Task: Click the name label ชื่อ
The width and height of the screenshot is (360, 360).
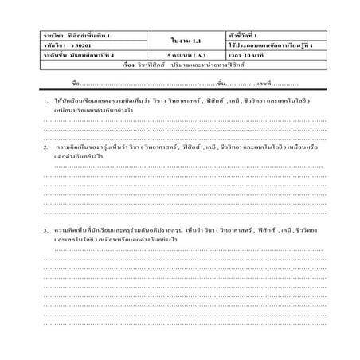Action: pos(76,83)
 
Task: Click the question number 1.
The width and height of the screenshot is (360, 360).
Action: pos(47,104)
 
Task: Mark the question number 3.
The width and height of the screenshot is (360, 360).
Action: pos(47,230)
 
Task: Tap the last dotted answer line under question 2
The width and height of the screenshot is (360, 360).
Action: pos(183,213)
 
